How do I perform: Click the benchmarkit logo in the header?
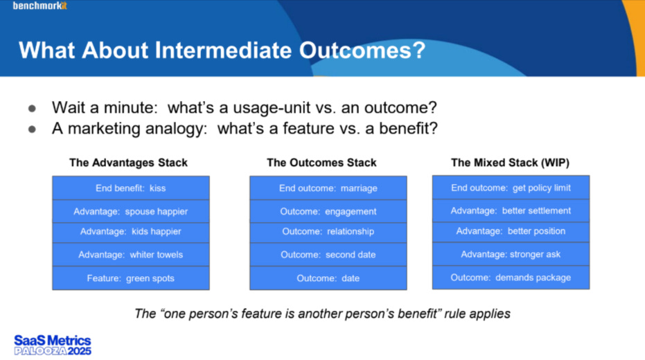[40, 6]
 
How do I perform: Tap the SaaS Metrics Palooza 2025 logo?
[53, 345]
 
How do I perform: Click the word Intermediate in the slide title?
[223, 50]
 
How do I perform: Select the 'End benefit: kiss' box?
[131, 188]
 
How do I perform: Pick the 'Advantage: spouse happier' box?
[131, 212]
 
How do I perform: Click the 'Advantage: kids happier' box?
[131, 232]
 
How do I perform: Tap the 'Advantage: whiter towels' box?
[131, 255]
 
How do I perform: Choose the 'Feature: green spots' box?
[131, 278]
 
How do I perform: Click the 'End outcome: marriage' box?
[328, 188]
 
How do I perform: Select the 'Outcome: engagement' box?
[328, 212]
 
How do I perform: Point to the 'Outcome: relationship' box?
[328, 232]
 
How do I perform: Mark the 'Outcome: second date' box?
[328, 255]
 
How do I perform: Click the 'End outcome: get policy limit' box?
[511, 188]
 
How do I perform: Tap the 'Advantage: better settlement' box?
[511, 211]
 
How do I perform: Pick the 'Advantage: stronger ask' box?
[511, 254]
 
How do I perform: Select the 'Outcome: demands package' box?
[511, 278]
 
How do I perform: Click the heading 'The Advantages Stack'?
[128, 163]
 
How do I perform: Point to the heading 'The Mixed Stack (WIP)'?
[510, 163]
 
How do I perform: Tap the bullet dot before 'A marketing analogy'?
[32, 129]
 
